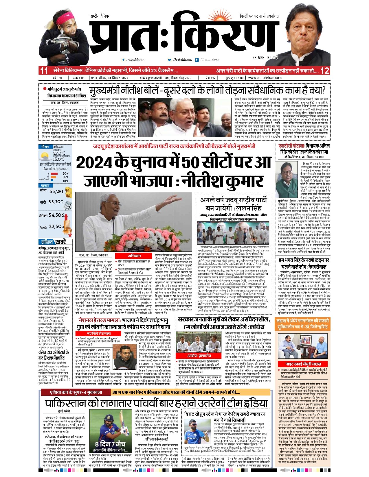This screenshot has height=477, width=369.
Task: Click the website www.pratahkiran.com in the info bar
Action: point(265,78)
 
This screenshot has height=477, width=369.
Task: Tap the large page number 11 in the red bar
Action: point(44,71)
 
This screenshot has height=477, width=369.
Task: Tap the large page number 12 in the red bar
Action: point(324,71)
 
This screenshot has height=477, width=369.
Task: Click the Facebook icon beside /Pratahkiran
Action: point(124,60)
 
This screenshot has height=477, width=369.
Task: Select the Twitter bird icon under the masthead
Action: point(170,60)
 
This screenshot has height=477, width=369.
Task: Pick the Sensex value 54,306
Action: point(56,215)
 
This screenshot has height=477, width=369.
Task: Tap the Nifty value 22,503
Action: point(56,227)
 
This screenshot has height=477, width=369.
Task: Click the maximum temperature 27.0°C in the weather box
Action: point(59,153)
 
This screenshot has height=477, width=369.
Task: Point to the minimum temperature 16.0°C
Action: point(59,159)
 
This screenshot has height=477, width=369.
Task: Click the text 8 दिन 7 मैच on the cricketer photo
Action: point(110,444)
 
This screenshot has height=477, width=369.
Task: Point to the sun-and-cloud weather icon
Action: point(45,157)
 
